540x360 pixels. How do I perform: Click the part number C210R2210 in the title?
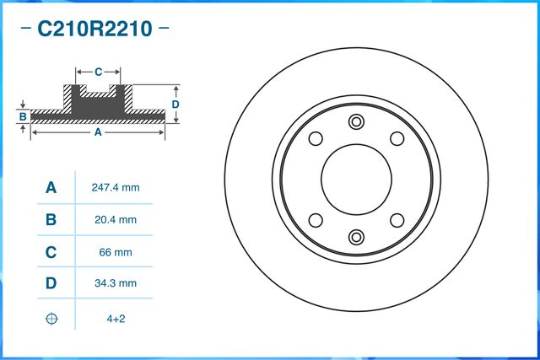tap(94, 30)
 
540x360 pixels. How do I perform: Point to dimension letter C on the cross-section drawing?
tap(98, 72)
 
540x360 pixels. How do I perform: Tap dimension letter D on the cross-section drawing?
tap(175, 104)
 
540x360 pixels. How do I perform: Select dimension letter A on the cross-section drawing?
tap(98, 132)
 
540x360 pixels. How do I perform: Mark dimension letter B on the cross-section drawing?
tap(24, 116)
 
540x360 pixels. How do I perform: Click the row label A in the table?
tap(51, 188)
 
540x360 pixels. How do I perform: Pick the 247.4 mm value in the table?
tap(114, 188)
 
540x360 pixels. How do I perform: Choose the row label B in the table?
tap(51, 220)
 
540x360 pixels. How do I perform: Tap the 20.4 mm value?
tap(114, 220)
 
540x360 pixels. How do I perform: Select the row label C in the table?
tap(51, 252)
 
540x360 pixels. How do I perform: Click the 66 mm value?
tap(114, 252)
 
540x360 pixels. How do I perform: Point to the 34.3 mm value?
tap(114, 284)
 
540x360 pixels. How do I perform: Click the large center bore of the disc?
tap(356, 179)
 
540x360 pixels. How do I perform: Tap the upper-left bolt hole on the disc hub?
tap(316, 139)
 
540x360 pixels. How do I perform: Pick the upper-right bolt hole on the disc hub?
tap(396, 139)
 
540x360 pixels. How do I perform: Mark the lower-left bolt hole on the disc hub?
tap(316, 219)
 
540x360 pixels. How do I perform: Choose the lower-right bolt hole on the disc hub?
tap(396, 219)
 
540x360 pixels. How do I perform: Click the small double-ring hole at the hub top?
tap(356, 121)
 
